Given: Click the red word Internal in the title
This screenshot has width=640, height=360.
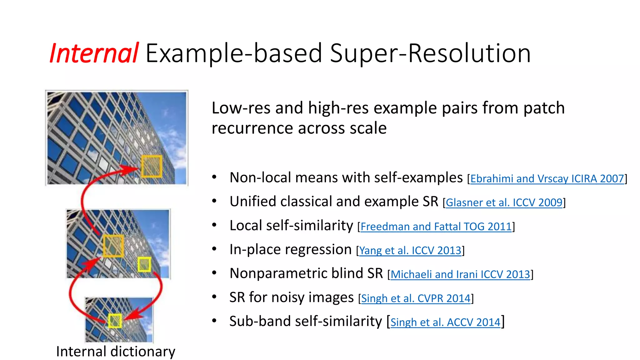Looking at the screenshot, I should [x=94, y=53].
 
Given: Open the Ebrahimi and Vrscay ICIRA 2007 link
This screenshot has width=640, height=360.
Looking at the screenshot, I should [x=547, y=179].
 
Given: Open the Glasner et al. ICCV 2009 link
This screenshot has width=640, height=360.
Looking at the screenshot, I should [x=504, y=203].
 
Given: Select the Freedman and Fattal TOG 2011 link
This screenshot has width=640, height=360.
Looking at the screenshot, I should [x=436, y=227].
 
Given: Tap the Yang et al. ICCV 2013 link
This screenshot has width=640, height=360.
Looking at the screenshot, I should [x=410, y=251].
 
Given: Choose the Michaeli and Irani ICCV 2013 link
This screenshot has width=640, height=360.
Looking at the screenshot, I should [x=460, y=274].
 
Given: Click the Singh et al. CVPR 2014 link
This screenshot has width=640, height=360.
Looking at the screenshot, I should [x=416, y=298].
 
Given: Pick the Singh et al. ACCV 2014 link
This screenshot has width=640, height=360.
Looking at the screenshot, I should [x=445, y=322].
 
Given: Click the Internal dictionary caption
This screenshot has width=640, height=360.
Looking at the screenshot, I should [x=116, y=352].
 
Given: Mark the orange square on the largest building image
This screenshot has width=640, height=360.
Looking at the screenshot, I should [x=152, y=166].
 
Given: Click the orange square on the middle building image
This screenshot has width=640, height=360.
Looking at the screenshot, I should [x=113, y=246].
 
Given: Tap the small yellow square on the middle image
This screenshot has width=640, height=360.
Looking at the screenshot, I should [x=144, y=264].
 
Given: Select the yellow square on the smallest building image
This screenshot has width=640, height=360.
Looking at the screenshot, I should [x=115, y=321].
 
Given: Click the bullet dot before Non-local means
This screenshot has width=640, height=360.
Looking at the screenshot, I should [x=214, y=177].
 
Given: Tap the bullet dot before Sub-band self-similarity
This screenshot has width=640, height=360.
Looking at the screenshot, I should [x=214, y=321].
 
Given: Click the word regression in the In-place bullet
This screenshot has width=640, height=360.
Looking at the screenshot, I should [x=318, y=250].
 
